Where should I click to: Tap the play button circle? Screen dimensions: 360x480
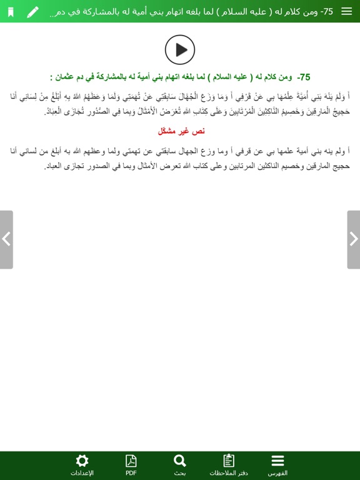180,49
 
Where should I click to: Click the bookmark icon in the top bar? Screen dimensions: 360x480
11,12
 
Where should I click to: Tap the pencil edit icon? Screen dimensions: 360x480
32,12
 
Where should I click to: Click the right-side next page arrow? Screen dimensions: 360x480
353,239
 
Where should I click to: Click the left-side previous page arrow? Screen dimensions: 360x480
6,239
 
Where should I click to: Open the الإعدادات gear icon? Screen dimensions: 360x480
82,461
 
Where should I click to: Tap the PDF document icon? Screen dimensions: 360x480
131,461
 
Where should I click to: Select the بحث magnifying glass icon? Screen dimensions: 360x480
180,461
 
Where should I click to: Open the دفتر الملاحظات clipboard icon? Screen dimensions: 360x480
229,461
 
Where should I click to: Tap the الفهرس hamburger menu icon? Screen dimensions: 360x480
277,461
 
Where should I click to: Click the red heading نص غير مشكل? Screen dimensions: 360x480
181,131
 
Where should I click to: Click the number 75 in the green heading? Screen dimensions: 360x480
304,77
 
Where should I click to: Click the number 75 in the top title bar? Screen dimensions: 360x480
344,12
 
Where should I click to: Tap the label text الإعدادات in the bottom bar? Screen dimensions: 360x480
82,473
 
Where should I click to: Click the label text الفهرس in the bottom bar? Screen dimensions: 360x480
277,473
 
